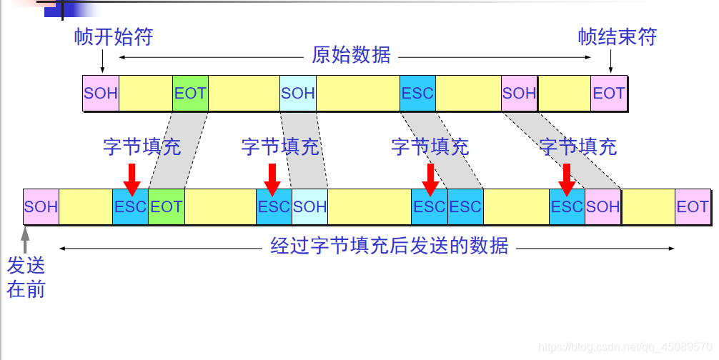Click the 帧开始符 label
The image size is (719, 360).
coord(114,37)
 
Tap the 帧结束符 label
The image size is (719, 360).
coord(617,37)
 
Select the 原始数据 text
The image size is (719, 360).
coord(351,56)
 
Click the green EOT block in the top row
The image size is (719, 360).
coord(189,93)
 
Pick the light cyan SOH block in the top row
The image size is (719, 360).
coord(297,93)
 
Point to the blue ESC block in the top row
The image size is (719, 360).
coord(417,93)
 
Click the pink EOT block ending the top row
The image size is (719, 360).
coord(609,93)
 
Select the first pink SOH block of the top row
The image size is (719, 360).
coord(100,93)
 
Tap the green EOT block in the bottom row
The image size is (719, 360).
coord(167,206)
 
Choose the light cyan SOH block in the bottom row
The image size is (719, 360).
coord(309,206)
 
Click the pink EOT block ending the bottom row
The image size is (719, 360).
coord(693,206)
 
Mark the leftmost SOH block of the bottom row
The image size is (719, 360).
coord(41,206)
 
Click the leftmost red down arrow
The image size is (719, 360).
coord(131,178)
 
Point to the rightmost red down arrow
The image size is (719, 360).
coord(567,178)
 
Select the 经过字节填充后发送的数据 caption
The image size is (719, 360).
coord(390,246)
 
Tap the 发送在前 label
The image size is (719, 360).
coord(26,277)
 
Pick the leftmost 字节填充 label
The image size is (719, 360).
coord(142,147)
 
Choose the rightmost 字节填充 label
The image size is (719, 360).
coord(577,147)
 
